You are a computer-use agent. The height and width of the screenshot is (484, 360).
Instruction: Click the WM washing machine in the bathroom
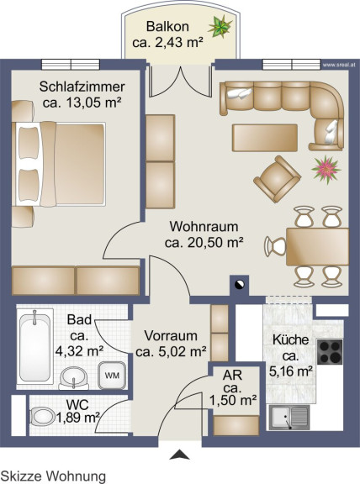click(112, 376)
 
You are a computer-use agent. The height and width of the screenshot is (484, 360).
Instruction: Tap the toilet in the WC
click(41, 417)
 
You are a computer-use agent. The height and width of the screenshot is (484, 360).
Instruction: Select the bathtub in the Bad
click(34, 347)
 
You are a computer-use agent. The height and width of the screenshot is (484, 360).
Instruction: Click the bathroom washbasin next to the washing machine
click(73, 378)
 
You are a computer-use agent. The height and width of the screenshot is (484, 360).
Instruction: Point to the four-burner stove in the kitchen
click(331, 351)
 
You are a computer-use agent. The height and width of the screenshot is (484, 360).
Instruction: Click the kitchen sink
click(289, 418)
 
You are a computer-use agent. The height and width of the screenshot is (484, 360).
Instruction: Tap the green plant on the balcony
click(220, 27)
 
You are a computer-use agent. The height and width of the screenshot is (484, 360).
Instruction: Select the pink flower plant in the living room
click(326, 170)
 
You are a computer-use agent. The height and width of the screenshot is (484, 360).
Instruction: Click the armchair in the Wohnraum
click(277, 179)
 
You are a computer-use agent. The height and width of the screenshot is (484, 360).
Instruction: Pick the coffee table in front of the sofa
click(265, 138)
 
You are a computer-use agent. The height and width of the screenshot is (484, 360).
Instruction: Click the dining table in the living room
click(317, 247)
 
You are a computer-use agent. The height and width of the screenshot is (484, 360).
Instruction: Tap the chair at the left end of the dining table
click(275, 247)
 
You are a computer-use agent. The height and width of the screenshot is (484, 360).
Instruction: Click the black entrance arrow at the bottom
click(179, 455)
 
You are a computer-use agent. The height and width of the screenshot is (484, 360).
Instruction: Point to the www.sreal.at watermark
click(339, 66)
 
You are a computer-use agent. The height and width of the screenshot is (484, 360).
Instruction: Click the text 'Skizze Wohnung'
click(53, 476)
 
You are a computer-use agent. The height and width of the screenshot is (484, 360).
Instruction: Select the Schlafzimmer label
click(82, 87)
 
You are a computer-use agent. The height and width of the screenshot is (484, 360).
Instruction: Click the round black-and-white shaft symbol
click(239, 285)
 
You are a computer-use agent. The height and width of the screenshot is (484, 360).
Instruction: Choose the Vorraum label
click(171, 335)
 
